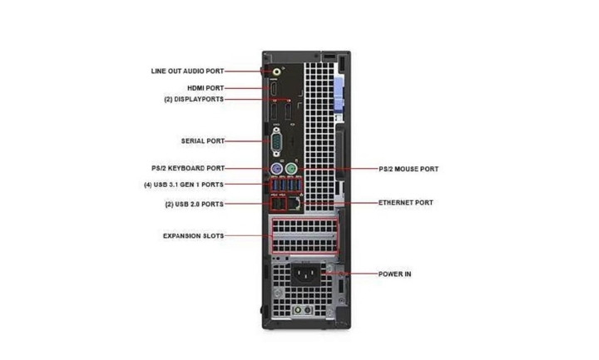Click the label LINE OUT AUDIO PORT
pyautogui.click(x=187, y=71)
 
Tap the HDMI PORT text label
pyautogui.click(x=205, y=88)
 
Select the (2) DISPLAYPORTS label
pyautogui.click(x=194, y=99)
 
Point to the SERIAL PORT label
pyautogui.click(x=203, y=141)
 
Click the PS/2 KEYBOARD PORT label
pyautogui.click(x=188, y=168)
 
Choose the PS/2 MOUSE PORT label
pyautogui.click(x=408, y=169)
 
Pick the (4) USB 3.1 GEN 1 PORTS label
pyautogui.click(x=184, y=185)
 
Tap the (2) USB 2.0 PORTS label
pyautogui.click(x=195, y=205)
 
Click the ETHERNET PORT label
pyautogui.click(x=406, y=203)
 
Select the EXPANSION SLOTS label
pyautogui.click(x=193, y=236)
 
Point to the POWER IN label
pyautogui.click(x=394, y=274)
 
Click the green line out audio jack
pyautogui.click(x=277, y=72)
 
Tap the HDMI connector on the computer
pyautogui.click(x=274, y=89)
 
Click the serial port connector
pyautogui.click(x=276, y=142)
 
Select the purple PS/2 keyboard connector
pyautogui.click(x=276, y=168)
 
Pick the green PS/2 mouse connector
pyautogui.click(x=291, y=168)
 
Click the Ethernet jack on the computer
pyautogui.click(x=295, y=204)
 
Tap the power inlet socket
pyautogui.click(x=307, y=274)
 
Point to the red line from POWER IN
pyautogui.click(x=350, y=274)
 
